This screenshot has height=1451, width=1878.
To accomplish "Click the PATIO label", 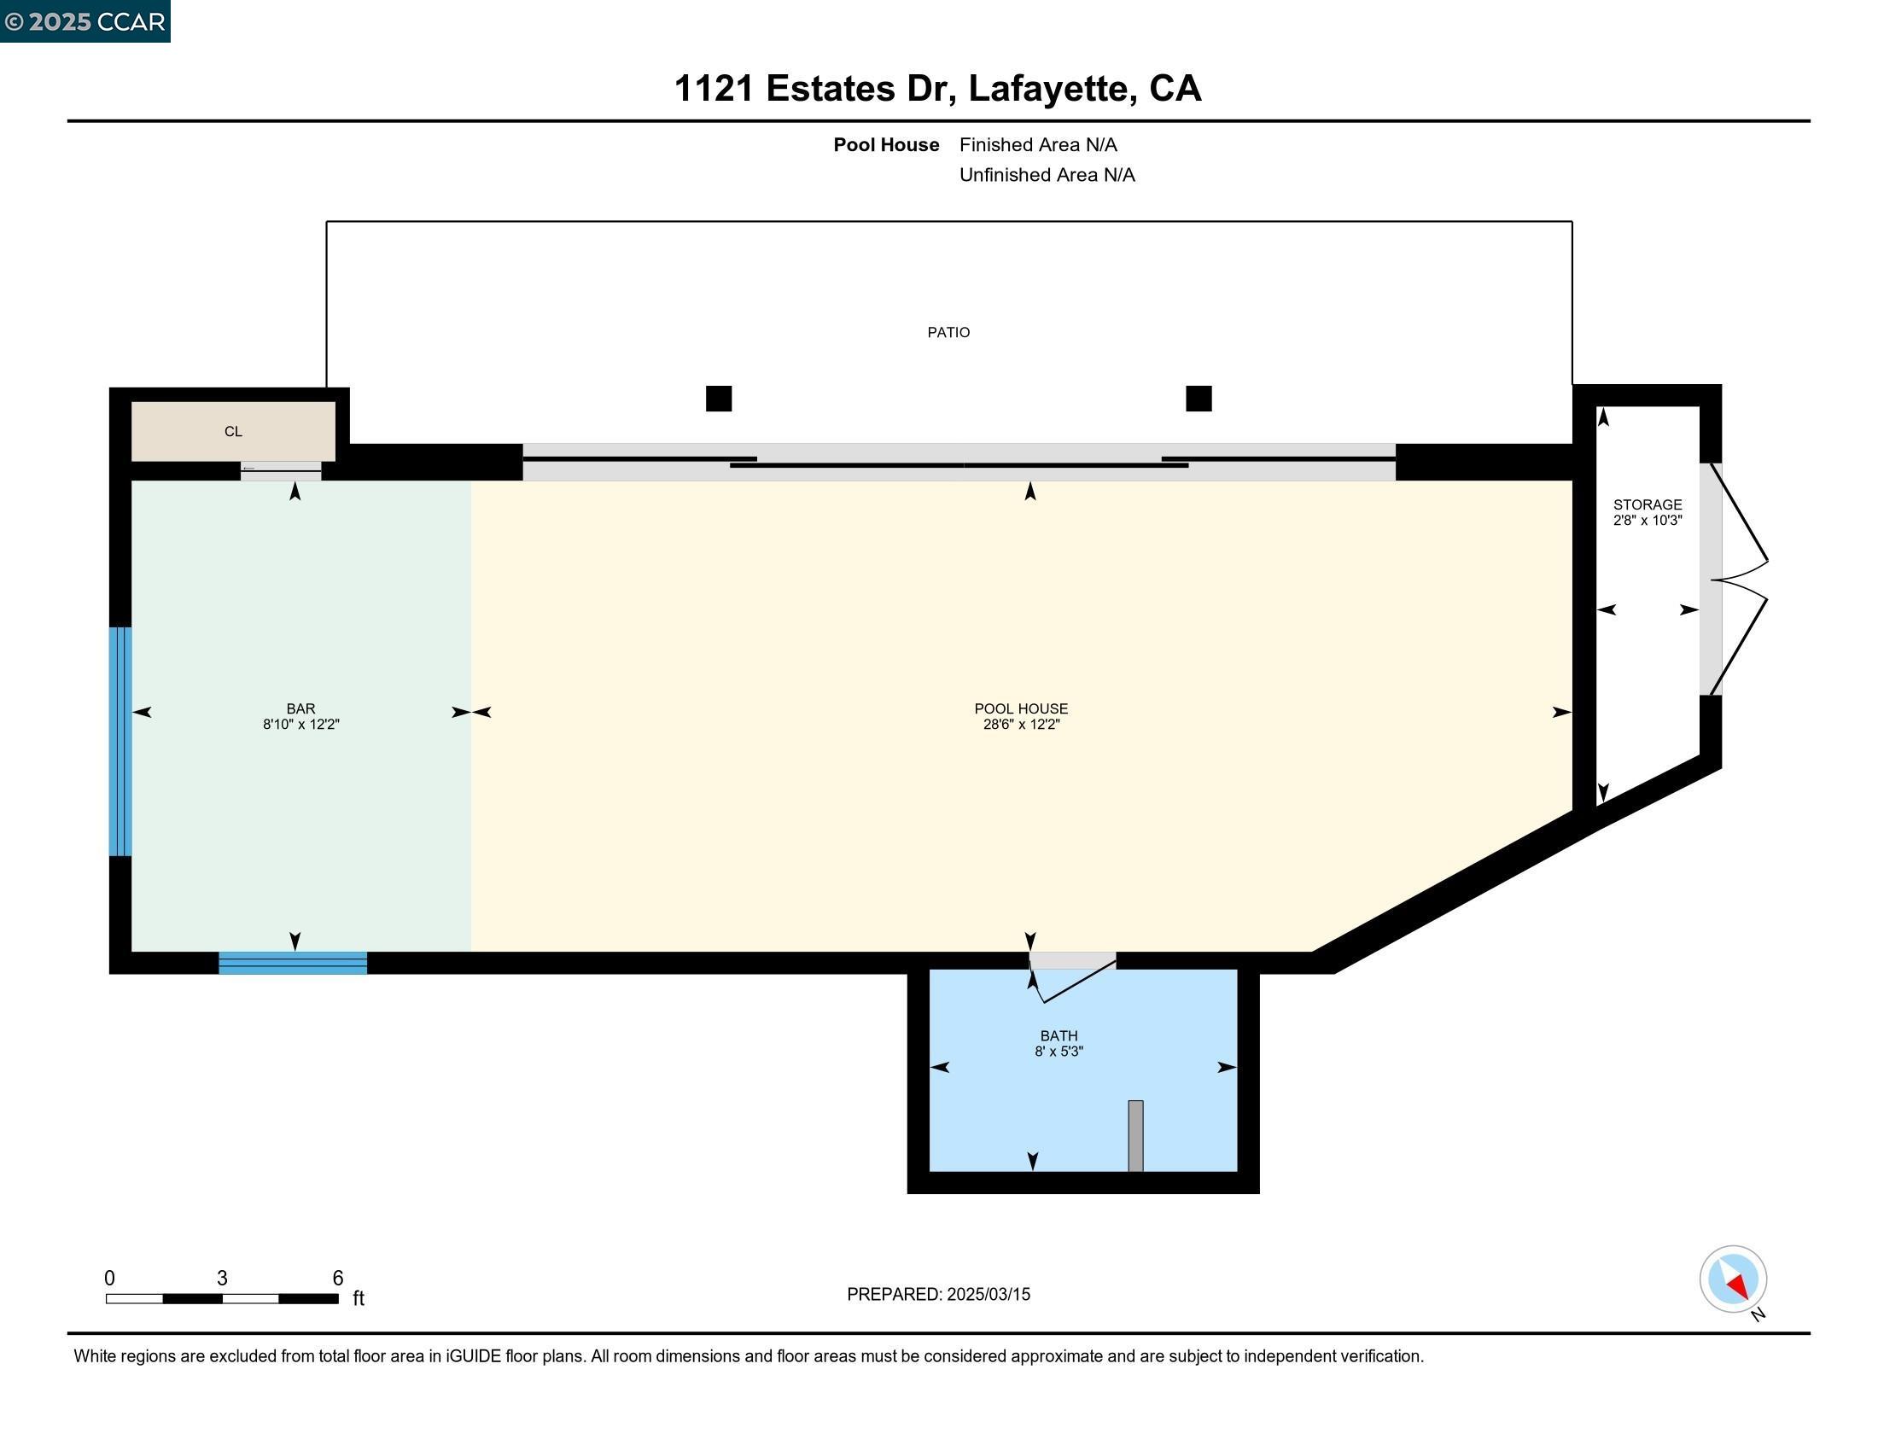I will [x=948, y=333].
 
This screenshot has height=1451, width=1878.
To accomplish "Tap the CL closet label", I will [x=233, y=432].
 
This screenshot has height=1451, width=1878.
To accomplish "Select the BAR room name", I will [x=300, y=708].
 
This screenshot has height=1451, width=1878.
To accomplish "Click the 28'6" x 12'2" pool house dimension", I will [x=1021, y=725].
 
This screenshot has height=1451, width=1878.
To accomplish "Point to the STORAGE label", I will [x=1647, y=504].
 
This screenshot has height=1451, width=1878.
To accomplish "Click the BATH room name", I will [x=1058, y=1036].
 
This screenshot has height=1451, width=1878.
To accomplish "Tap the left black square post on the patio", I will [x=718, y=399].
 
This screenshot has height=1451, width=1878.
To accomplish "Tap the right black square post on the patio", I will [x=1198, y=399].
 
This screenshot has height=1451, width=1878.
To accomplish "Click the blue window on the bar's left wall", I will [x=120, y=741].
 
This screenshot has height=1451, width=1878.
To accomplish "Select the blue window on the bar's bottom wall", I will [x=292, y=963].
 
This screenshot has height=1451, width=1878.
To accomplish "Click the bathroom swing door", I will [x=1075, y=980].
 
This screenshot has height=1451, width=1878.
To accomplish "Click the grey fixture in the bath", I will [x=1135, y=1134].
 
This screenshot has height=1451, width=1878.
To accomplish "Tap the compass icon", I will [x=1732, y=1279].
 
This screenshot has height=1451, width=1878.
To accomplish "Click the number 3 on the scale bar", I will [x=222, y=1278].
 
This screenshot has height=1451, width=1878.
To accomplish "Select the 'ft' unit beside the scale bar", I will [x=359, y=1298].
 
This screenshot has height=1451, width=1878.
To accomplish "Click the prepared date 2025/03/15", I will [x=987, y=1294].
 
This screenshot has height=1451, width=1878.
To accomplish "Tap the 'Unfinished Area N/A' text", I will [x=1047, y=175].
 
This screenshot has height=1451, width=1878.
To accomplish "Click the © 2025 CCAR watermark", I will [x=85, y=21].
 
